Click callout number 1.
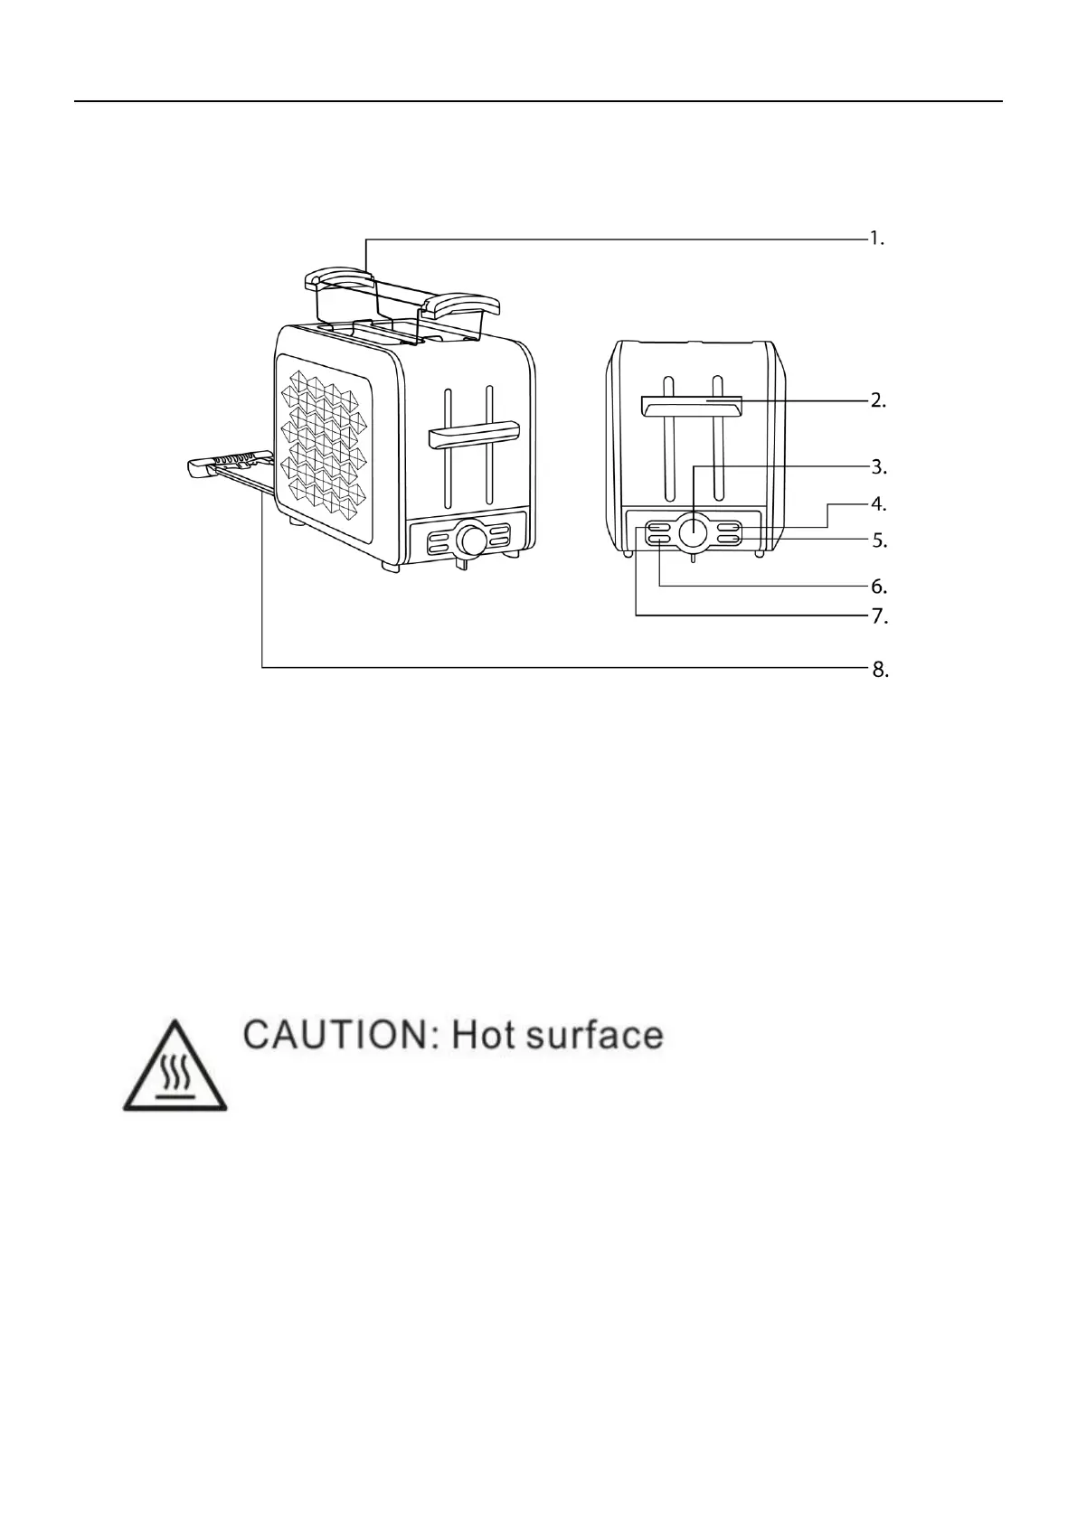pyautogui.click(x=876, y=240)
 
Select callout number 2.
pyautogui.click(x=877, y=400)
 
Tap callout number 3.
pyautogui.click(x=878, y=467)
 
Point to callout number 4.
pyautogui.click(x=878, y=503)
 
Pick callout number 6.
pyautogui.click(x=878, y=587)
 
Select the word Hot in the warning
pyautogui.click(x=483, y=1035)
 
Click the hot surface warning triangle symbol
pyautogui.click(x=175, y=1068)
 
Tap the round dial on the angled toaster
pyautogui.click(x=471, y=540)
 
